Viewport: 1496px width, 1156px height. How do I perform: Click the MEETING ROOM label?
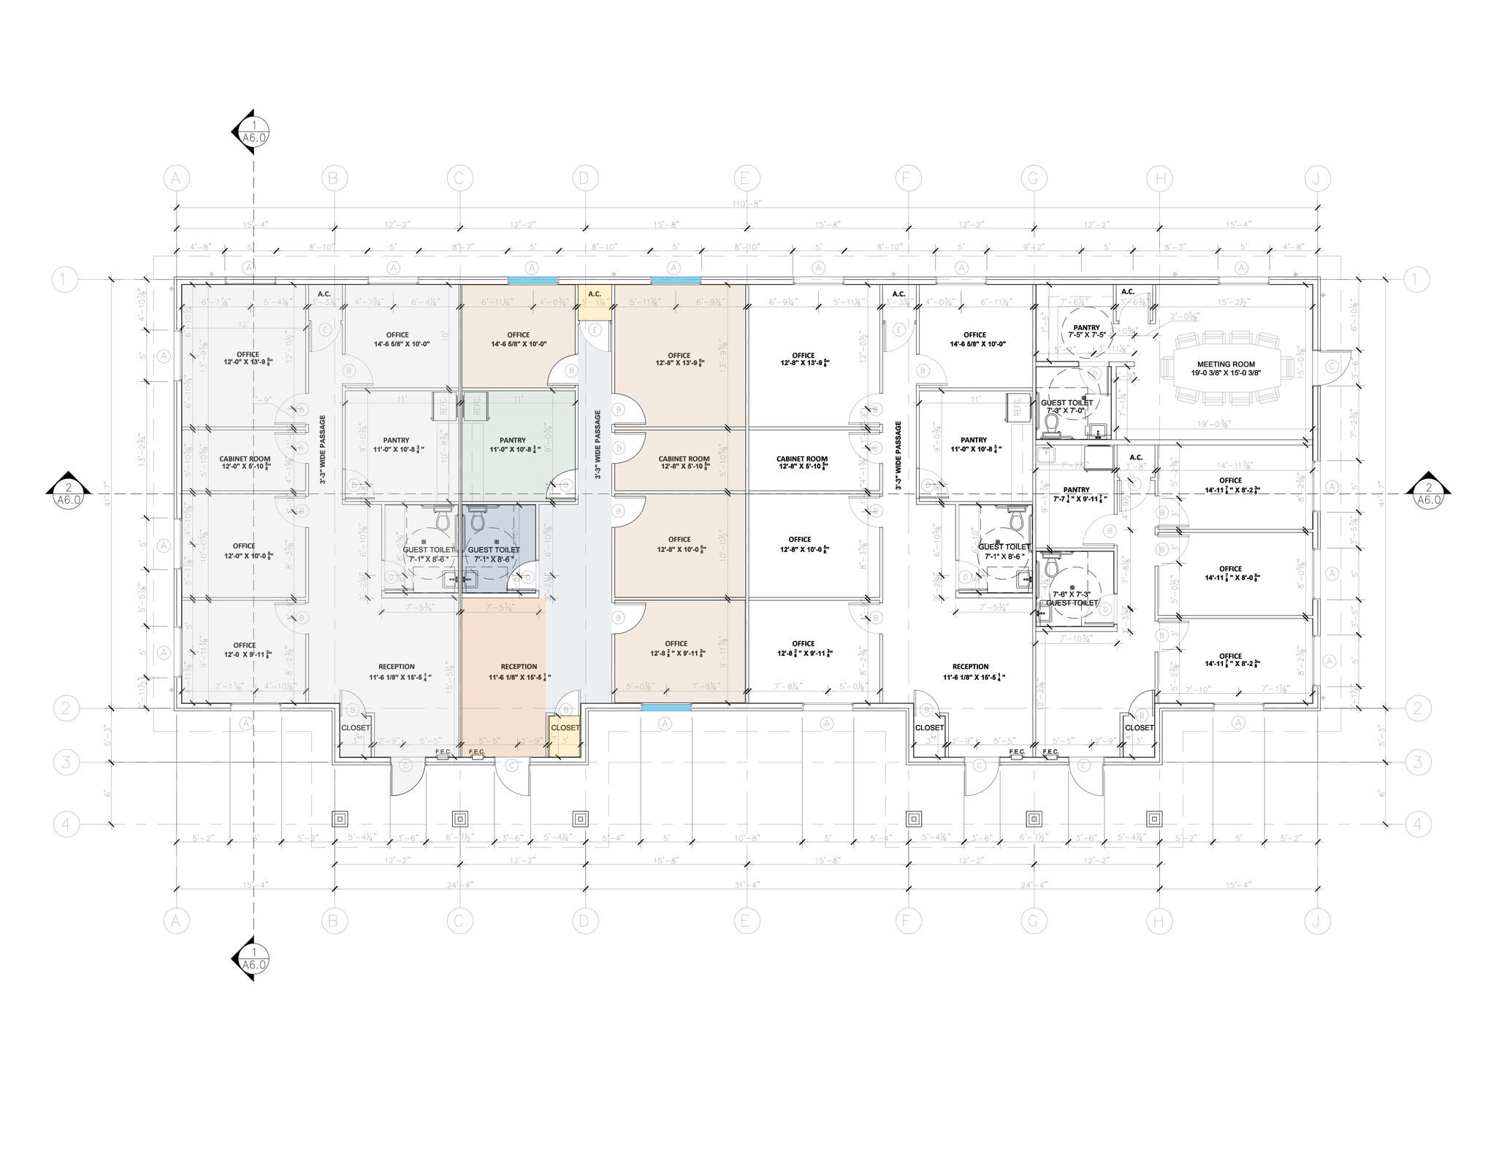point(1226,364)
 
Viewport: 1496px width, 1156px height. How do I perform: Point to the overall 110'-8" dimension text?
point(747,204)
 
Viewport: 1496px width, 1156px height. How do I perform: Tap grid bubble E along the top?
point(745,178)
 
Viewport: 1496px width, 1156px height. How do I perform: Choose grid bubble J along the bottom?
point(1316,922)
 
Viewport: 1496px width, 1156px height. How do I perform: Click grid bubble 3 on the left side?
point(66,763)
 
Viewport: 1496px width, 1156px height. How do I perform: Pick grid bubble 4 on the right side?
point(1417,824)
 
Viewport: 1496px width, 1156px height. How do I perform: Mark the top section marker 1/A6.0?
point(253,131)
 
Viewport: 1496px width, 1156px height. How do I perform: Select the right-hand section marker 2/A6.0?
point(1428,494)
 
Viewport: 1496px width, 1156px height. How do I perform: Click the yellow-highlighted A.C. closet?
point(594,302)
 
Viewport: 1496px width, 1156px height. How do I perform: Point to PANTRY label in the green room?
point(512,440)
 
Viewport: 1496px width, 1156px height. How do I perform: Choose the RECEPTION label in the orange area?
point(519,667)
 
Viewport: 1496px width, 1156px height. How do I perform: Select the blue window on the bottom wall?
point(665,707)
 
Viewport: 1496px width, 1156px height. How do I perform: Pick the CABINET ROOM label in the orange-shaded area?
point(684,459)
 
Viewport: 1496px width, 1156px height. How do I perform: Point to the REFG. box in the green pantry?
point(476,405)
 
